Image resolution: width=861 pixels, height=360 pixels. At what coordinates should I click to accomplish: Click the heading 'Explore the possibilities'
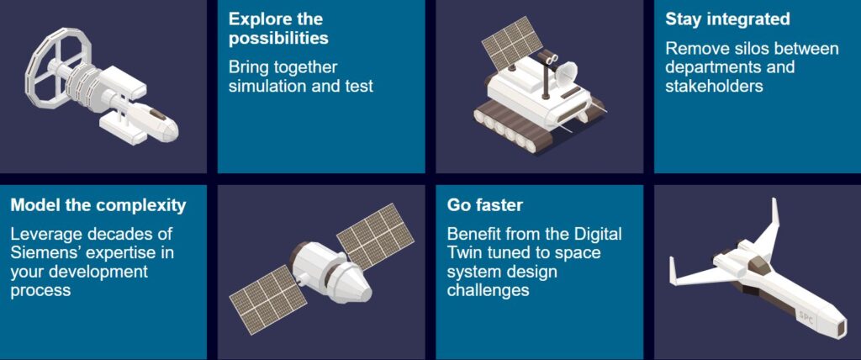(278, 29)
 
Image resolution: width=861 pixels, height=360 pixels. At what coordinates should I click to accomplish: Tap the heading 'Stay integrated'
(727, 19)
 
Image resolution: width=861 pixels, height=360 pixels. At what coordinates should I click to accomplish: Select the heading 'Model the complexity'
(98, 205)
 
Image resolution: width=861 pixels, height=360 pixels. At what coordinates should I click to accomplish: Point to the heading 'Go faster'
(485, 205)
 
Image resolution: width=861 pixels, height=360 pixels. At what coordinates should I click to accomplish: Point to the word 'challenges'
(488, 290)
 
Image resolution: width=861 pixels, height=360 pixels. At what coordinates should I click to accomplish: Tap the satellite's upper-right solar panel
(374, 236)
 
